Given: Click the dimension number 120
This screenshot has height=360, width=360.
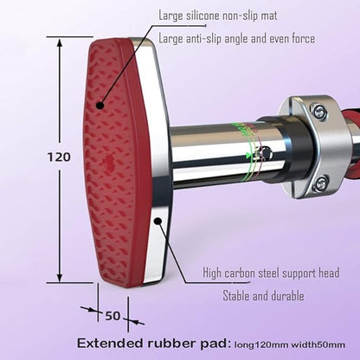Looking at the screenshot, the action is [x=59, y=157].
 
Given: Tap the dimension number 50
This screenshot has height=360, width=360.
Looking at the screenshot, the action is [x=112, y=316].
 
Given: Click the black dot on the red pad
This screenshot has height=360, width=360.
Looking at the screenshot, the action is [x=100, y=106].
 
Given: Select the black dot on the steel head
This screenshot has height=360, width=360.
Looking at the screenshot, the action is [x=157, y=222].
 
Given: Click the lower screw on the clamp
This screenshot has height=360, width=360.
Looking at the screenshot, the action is [x=320, y=182].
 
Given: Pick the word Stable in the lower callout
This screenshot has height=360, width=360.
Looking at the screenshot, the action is [x=236, y=296].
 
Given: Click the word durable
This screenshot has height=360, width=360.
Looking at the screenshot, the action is [x=286, y=296].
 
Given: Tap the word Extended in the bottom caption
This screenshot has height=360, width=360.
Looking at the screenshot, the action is [x=110, y=344].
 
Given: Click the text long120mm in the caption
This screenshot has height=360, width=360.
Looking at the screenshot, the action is [x=261, y=345].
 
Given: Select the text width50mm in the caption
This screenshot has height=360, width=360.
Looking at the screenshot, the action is [x=318, y=344].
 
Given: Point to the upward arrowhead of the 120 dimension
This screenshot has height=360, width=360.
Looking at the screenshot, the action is [x=60, y=43].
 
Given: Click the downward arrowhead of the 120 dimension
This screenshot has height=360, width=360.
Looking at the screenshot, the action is [x=60, y=277].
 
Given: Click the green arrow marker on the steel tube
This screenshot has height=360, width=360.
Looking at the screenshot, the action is [x=248, y=156].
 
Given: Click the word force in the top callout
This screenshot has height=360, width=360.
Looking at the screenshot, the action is [x=303, y=39].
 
